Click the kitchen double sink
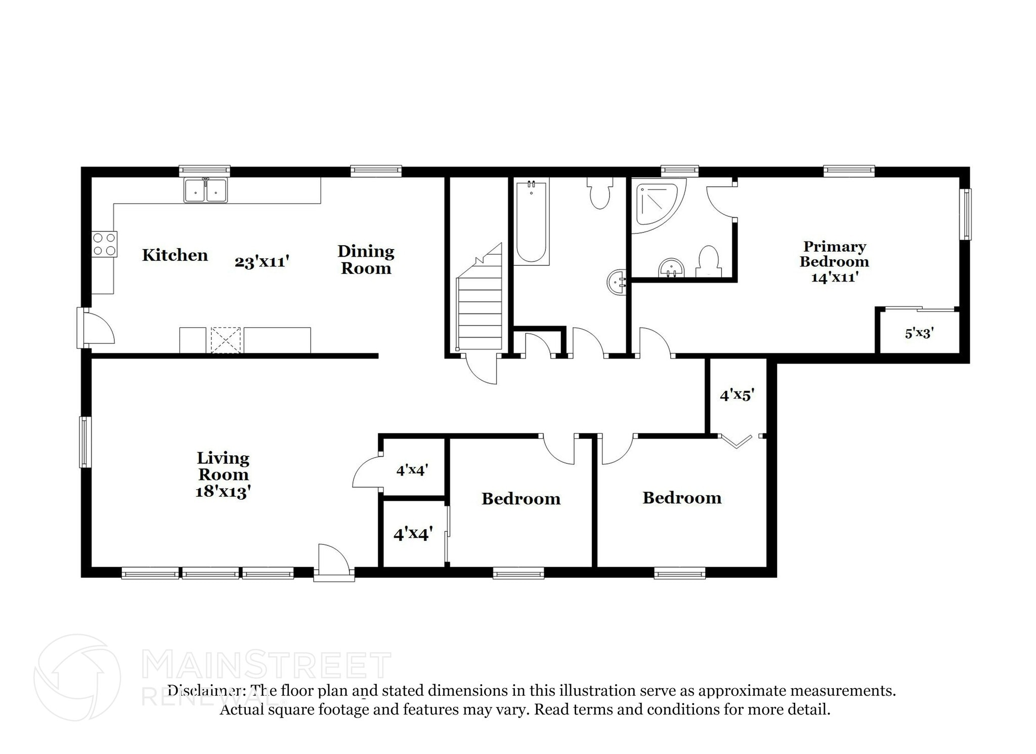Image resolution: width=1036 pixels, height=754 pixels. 205,190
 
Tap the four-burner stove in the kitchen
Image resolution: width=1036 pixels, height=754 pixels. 104,244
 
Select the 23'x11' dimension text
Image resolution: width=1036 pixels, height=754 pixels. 262,262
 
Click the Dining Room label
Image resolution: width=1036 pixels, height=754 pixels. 366,259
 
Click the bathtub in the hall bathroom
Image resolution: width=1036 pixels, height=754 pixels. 531,222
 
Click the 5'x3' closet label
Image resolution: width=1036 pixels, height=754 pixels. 919,333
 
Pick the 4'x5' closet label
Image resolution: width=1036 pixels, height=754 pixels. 737,395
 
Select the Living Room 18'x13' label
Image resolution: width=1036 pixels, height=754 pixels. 223,474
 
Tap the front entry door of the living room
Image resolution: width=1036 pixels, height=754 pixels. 333,559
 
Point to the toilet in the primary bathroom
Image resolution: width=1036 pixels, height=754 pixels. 708,261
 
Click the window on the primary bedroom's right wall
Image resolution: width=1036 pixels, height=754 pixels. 966,214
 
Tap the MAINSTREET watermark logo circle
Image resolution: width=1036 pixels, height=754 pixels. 77,677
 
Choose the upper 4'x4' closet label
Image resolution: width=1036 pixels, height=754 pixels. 412,470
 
